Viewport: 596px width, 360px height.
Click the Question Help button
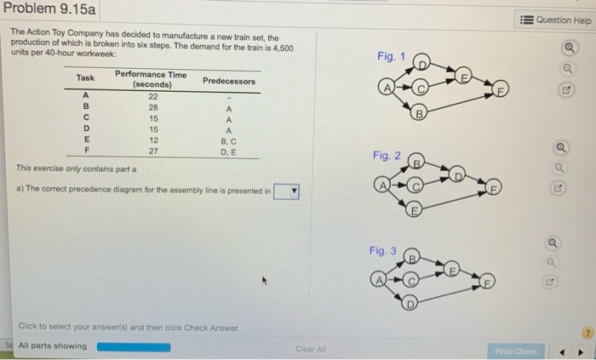click(559, 20)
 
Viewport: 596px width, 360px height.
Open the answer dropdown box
click(287, 191)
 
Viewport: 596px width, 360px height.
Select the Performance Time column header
click(150, 80)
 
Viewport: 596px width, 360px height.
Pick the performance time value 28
click(153, 109)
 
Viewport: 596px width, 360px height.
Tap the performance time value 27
click(153, 150)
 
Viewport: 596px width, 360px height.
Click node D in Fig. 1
click(423, 62)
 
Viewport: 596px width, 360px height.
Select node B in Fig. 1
click(418, 113)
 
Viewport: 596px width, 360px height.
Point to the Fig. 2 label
click(386, 156)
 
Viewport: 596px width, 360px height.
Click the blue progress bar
click(133, 346)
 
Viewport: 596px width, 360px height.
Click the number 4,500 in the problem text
click(284, 48)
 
